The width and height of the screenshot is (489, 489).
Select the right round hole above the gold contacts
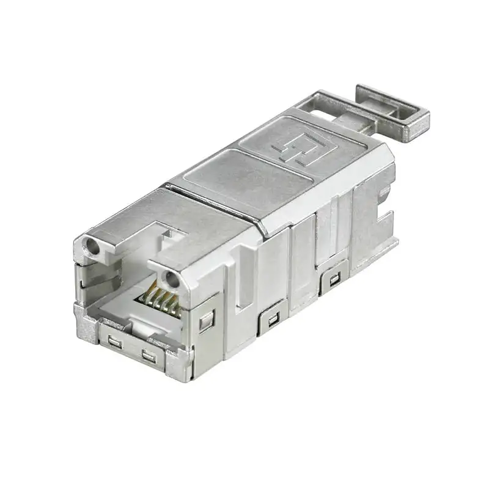[x=171, y=279]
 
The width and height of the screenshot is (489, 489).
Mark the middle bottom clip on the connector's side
[x=271, y=318]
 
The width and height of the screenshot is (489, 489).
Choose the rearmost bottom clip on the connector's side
[x=334, y=281]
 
